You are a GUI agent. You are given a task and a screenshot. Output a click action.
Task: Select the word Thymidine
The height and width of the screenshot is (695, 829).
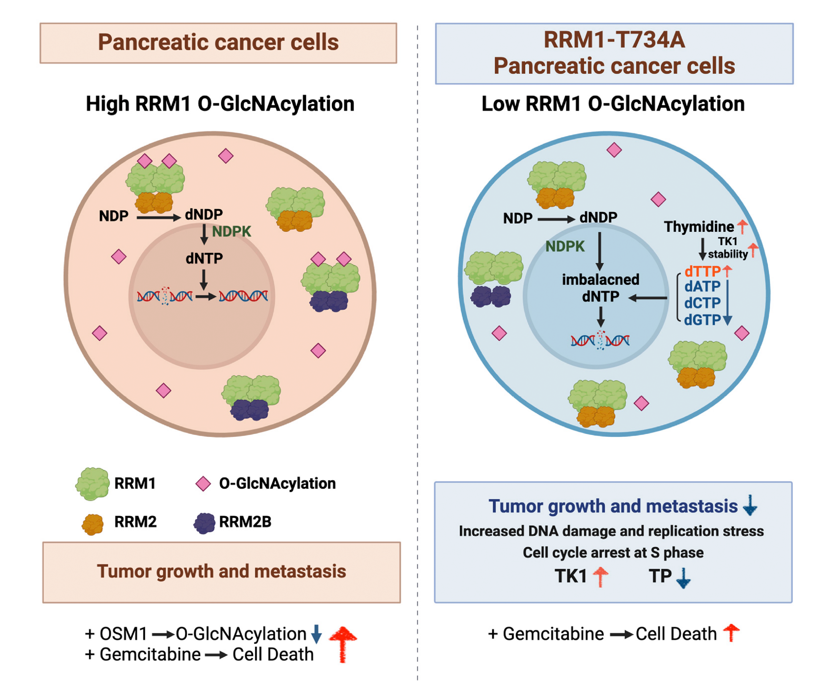click(699, 227)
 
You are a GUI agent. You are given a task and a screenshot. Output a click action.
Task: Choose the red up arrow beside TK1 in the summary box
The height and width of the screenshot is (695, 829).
click(600, 577)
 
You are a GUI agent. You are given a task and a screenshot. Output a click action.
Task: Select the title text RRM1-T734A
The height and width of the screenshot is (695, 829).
click(614, 40)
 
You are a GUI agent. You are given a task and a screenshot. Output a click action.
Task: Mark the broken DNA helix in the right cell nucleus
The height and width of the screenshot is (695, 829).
click(600, 340)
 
